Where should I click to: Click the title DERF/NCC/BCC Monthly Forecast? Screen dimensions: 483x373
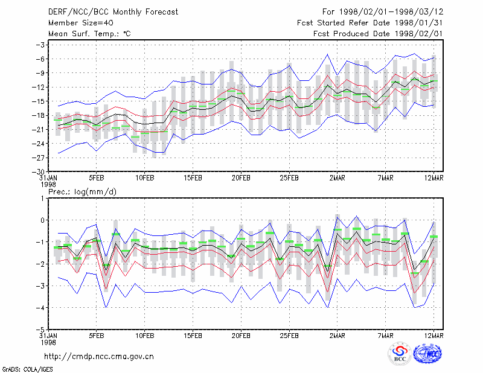click(x=113, y=12)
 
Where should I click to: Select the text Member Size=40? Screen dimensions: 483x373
click(x=81, y=23)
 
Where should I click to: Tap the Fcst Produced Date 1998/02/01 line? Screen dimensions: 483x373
click(x=378, y=34)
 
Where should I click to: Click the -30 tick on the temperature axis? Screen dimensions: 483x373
click(x=40, y=171)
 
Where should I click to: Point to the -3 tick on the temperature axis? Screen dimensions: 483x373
click(x=40, y=45)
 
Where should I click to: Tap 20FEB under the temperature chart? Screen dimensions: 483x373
click(x=241, y=178)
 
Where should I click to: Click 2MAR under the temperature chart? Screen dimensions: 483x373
click(x=337, y=178)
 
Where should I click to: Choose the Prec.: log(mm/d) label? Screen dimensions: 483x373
click(x=82, y=192)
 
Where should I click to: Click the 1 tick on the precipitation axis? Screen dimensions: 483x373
click(x=42, y=199)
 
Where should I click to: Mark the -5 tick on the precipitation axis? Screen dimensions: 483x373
click(x=40, y=330)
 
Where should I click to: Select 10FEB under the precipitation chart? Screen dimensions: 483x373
click(x=144, y=336)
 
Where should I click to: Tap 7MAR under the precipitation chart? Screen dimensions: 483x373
click(x=385, y=336)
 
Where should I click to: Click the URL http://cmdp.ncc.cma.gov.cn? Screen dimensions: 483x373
click(x=99, y=357)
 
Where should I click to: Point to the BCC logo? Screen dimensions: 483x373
click(x=400, y=353)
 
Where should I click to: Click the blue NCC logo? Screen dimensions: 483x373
click(x=427, y=353)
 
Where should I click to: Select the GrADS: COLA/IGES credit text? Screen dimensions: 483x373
click(x=27, y=369)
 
